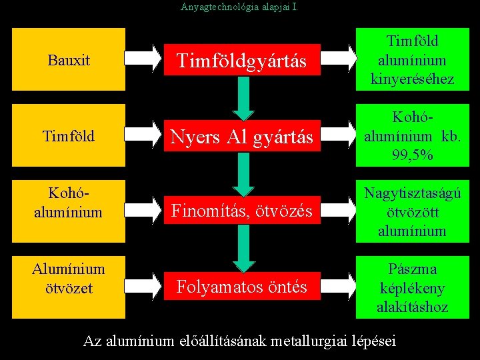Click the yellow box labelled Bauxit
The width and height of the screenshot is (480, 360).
[x=69, y=60]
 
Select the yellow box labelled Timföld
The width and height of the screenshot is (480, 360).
[x=69, y=136]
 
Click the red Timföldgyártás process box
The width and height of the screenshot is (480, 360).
[x=241, y=61]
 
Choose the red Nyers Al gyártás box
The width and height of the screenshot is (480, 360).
[x=241, y=137]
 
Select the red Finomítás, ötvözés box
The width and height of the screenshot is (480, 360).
[x=241, y=211]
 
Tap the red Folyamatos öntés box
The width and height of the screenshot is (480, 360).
[x=241, y=287]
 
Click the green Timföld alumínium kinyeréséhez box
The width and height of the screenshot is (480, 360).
[x=413, y=60]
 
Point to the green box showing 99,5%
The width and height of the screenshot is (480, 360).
[x=413, y=136]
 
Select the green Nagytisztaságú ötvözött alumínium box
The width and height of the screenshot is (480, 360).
[x=413, y=211]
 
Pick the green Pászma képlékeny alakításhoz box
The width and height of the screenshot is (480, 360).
[x=413, y=287]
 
